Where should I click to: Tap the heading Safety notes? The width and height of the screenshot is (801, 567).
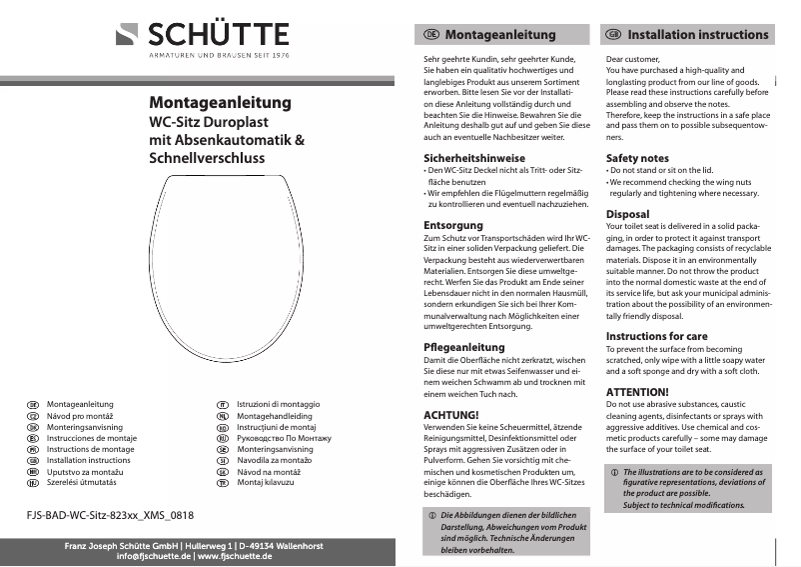coord(637,158)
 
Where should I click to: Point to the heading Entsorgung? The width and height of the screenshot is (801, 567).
coord(453,225)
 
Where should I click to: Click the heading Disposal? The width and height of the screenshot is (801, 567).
coord(627,214)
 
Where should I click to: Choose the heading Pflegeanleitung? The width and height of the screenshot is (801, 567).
coord(464,347)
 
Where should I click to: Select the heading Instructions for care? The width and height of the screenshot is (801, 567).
coord(656,336)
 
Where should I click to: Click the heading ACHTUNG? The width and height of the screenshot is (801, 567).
coord(451,414)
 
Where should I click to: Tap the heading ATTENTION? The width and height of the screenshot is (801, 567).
coord(637,391)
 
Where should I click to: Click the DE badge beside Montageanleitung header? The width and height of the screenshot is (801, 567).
coord(431,35)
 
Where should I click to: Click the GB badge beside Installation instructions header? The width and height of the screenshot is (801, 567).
coord(614,35)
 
